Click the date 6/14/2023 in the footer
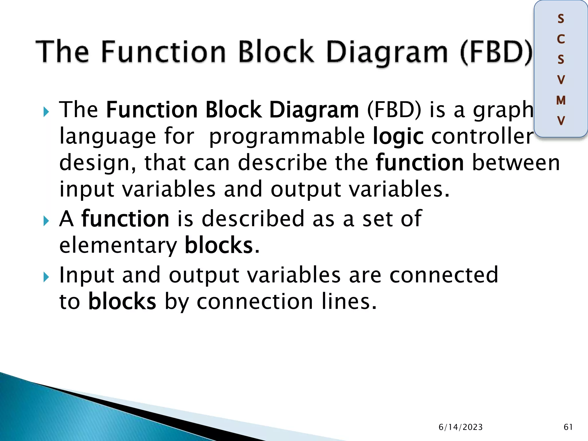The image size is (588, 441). click(x=461, y=427)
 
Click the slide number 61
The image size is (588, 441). click(x=568, y=427)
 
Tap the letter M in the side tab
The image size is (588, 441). click(x=561, y=100)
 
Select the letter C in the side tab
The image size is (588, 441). click(x=561, y=39)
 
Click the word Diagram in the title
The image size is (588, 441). click(x=387, y=52)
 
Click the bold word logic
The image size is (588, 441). click(x=398, y=137)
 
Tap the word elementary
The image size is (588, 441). click(x=118, y=246)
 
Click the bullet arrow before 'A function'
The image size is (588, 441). click(x=46, y=221)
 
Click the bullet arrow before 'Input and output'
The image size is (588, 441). click(x=46, y=277)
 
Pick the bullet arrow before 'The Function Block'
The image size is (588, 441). click(x=46, y=112)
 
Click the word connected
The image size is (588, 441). click(x=444, y=275)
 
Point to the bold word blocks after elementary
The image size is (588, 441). click(x=218, y=245)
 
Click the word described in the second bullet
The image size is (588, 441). click(x=253, y=219)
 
